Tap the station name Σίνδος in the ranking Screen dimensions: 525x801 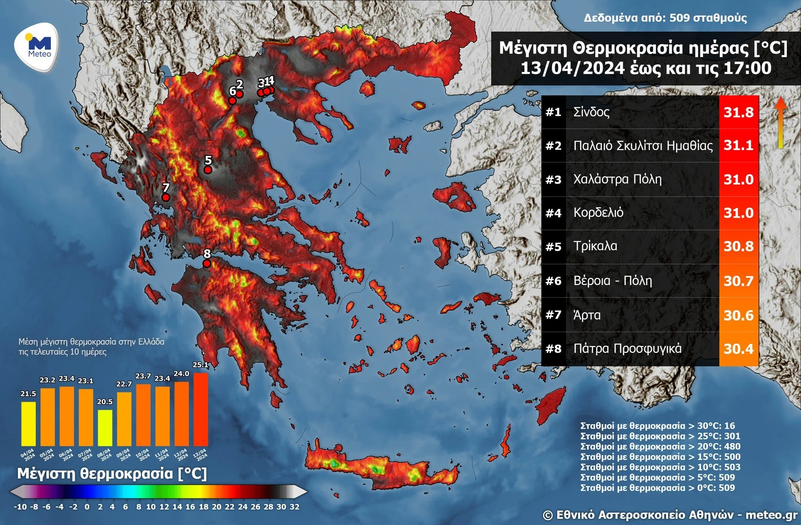[x=591, y=112]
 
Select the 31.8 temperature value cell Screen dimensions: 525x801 [x=738, y=112]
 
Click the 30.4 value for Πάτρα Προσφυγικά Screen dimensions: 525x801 [x=738, y=349]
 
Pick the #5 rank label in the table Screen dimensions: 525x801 [x=553, y=247]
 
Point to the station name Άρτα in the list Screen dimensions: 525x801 [x=587, y=315]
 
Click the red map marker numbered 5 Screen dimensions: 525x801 [x=208, y=170]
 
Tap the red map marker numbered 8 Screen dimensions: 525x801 [x=207, y=263]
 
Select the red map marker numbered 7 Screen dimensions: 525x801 [x=165, y=197]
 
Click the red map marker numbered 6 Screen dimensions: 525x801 [x=232, y=100]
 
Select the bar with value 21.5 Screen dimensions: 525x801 [x=28, y=423]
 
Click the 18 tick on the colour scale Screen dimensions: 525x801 [x=203, y=507]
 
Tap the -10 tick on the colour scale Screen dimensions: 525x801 [x=20, y=507]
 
